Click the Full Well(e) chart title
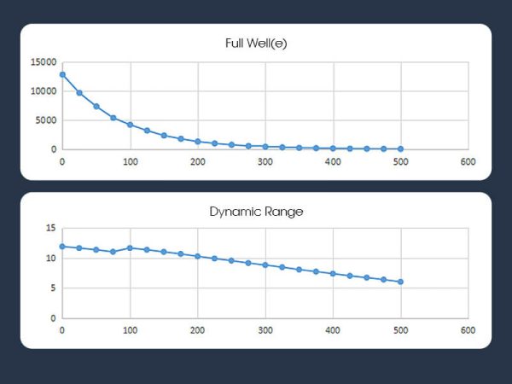click(256, 42)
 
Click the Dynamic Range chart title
click(256, 210)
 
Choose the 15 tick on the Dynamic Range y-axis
click(51, 228)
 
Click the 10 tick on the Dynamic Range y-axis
click(51, 258)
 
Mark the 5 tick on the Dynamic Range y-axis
click(53, 288)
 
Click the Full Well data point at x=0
click(62, 75)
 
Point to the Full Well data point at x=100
click(130, 125)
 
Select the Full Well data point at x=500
click(400, 148)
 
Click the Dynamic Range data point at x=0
click(62, 247)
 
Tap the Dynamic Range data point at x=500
click(400, 282)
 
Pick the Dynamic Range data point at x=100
click(130, 247)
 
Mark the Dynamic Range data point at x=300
click(265, 265)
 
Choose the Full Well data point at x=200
click(197, 142)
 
